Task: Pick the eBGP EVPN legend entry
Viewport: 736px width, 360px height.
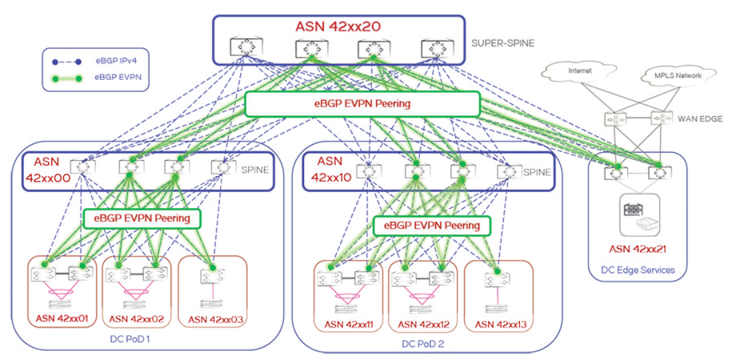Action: click(x=113, y=79)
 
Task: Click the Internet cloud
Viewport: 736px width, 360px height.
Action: click(x=579, y=70)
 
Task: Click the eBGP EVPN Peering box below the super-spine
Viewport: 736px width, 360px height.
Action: click(x=362, y=105)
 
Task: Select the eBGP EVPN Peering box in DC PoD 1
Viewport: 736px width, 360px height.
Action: click(x=141, y=217)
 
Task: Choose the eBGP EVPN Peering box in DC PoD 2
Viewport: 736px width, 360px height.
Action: click(x=431, y=225)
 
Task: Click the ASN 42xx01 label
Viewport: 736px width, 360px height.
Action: click(x=62, y=319)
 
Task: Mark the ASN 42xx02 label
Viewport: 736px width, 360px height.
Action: click(x=137, y=319)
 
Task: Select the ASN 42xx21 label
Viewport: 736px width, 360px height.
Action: click(x=637, y=249)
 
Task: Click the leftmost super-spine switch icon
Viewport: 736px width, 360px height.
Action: click(x=244, y=47)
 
